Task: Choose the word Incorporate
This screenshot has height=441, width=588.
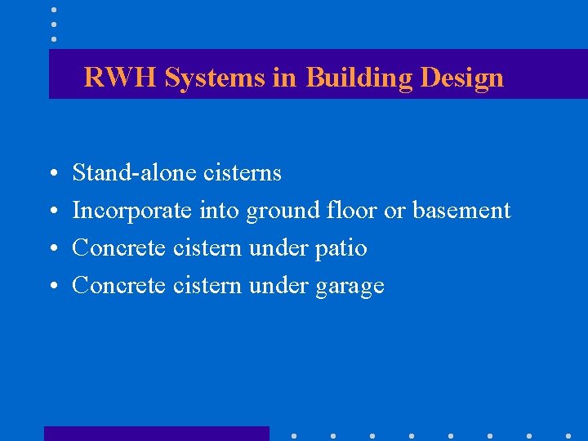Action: pos(132,211)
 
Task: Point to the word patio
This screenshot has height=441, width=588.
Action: pos(341,248)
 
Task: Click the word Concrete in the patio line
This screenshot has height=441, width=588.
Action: pos(119,248)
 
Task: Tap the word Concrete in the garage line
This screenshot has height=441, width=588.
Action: pos(119,286)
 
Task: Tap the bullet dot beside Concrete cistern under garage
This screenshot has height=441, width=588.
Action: pos(51,287)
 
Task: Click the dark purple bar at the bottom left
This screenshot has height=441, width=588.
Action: pos(156,434)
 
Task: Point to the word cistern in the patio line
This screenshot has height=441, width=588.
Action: pos(207,248)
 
